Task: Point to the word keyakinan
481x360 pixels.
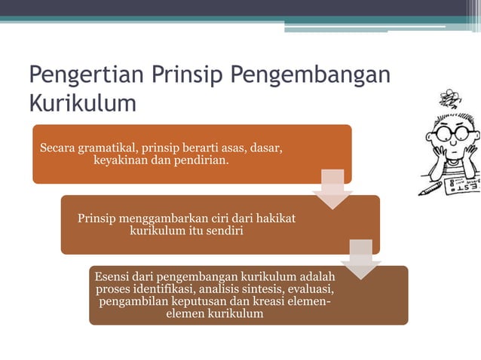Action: click(x=119, y=160)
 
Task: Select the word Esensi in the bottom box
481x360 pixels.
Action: click(x=112, y=277)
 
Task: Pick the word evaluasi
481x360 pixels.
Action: click(x=311, y=289)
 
